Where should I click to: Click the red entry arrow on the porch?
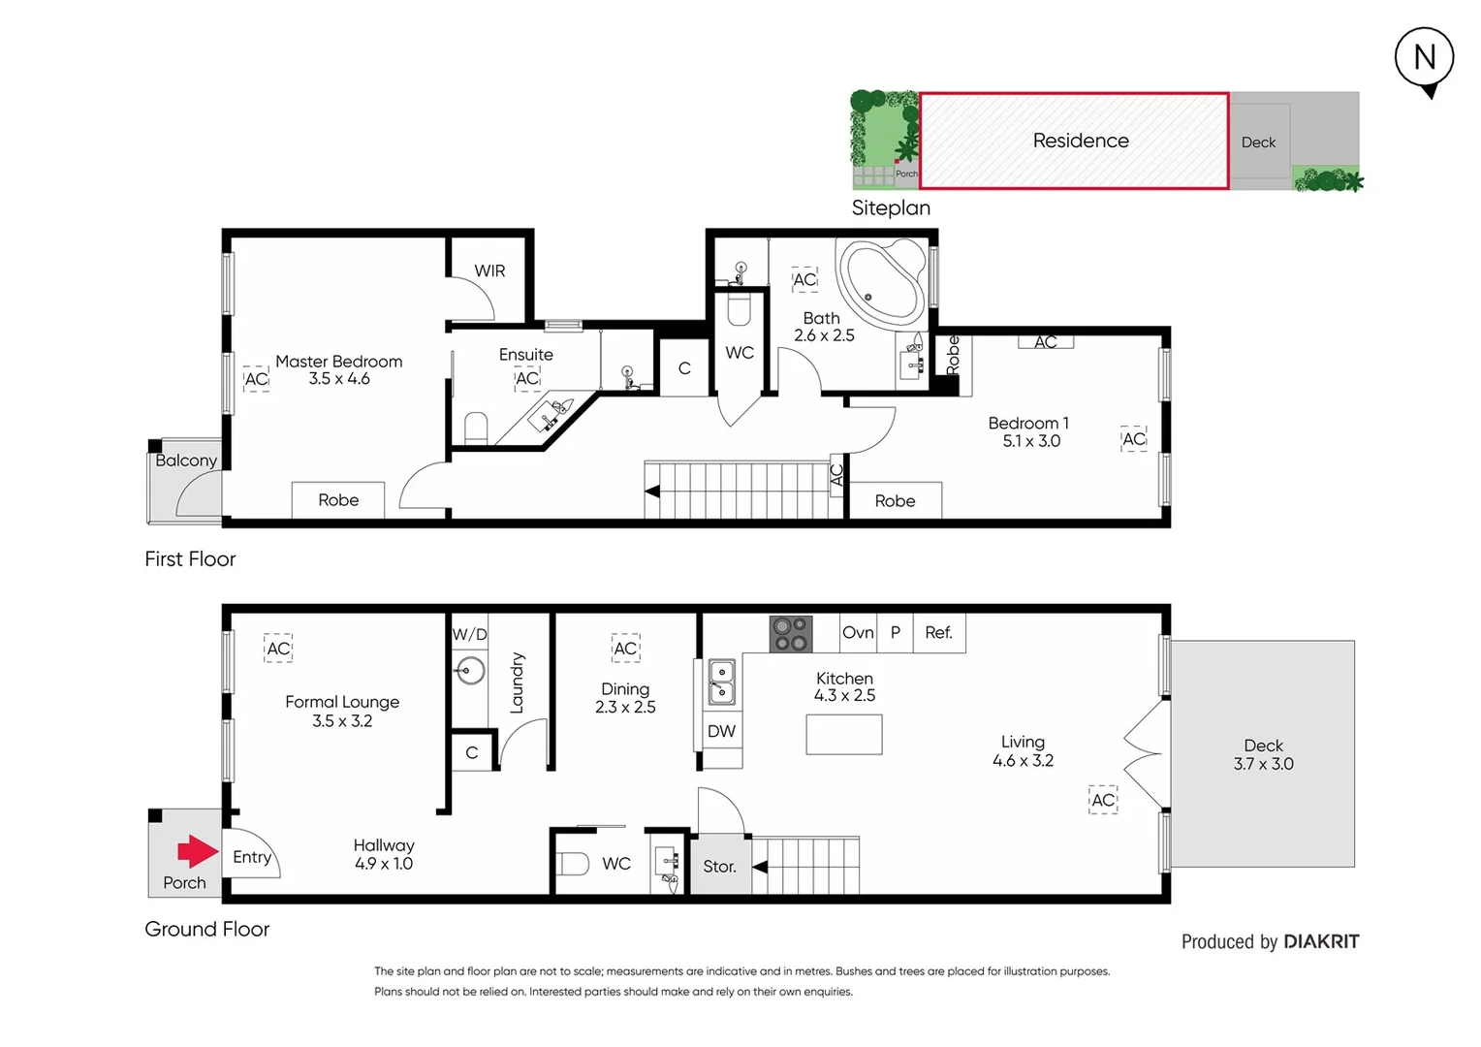click(x=198, y=851)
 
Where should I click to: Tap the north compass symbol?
click(x=1424, y=59)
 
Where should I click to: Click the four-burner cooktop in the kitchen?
click(x=790, y=634)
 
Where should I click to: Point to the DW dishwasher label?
click(x=721, y=731)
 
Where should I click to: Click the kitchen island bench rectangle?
click(x=843, y=734)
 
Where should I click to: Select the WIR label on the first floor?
click(x=489, y=270)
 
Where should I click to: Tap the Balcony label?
click(x=186, y=460)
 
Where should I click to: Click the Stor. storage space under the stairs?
click(x=719, y=866)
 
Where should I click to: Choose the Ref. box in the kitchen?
click(x=938, y=632)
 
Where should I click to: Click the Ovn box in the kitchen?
click(x=858, y=632)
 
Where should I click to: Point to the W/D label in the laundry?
click(x=470, y=634)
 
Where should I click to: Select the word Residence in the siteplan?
click(x=1081, y=141)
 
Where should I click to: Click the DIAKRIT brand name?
click(x=1321, y=941)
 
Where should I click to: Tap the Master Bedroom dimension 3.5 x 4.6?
click(x=339, y=379)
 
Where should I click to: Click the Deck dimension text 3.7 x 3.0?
click(x=1263, y=764)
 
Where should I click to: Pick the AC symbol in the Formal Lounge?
click(x=278, y=649)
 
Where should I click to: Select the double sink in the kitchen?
click(x=721, y=682)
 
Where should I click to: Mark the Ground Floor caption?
click(x=207, y=929)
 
